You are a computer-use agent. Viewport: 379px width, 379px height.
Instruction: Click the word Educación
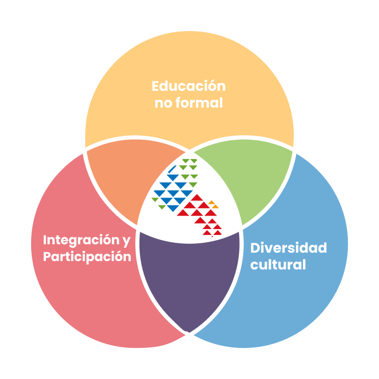click(x=189, y=86)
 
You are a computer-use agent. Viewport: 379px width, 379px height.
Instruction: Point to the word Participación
click(x=87, y=257)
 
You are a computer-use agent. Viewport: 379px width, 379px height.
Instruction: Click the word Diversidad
click(x=288, y=248)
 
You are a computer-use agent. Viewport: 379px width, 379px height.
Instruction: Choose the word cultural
click(x=278, y=265)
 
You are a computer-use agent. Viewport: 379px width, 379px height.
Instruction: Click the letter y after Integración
click(x=126, y=241)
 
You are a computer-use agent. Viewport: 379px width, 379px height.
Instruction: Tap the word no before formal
click(x=164, y=104)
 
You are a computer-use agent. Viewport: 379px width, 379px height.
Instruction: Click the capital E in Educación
click(x=156, y=86)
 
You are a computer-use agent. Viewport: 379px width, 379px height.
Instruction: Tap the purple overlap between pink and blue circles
click(x=189, y=281)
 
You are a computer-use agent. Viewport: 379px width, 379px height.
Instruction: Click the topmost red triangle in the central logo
click(x=197, y=197)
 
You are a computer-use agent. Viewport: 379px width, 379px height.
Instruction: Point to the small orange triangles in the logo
click(x=213, y=203)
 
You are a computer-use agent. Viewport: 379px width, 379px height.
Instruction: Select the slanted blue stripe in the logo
click(x=173, y=170)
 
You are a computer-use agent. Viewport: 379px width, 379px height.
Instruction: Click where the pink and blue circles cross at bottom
click(x=189, y=334)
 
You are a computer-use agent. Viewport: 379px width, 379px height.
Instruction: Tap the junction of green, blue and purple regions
click(x=241, y=228)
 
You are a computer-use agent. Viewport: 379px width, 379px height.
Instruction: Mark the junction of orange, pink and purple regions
click(x=138, y=228)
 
